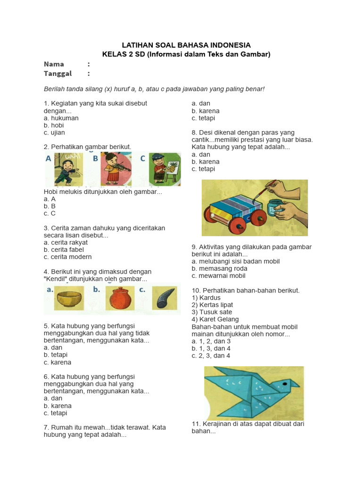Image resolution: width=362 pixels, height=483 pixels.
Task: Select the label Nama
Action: tap(54, 64)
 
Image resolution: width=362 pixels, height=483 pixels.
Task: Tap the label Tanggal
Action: tap(58, 73)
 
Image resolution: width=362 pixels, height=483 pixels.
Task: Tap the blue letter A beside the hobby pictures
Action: tap(49, 159)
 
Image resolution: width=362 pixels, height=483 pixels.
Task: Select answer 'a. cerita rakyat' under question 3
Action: tap(66, 242)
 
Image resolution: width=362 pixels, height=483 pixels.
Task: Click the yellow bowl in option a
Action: tap(69, 299)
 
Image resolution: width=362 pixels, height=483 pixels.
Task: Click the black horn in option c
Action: tap(165, 299)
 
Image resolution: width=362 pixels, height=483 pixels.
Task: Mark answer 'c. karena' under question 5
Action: tap(58, 362)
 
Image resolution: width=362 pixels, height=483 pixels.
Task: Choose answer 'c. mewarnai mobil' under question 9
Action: tap(218, 275)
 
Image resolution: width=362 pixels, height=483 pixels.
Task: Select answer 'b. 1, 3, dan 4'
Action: tap(211, 348)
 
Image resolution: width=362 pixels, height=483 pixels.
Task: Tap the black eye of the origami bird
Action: tap(284, 384)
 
